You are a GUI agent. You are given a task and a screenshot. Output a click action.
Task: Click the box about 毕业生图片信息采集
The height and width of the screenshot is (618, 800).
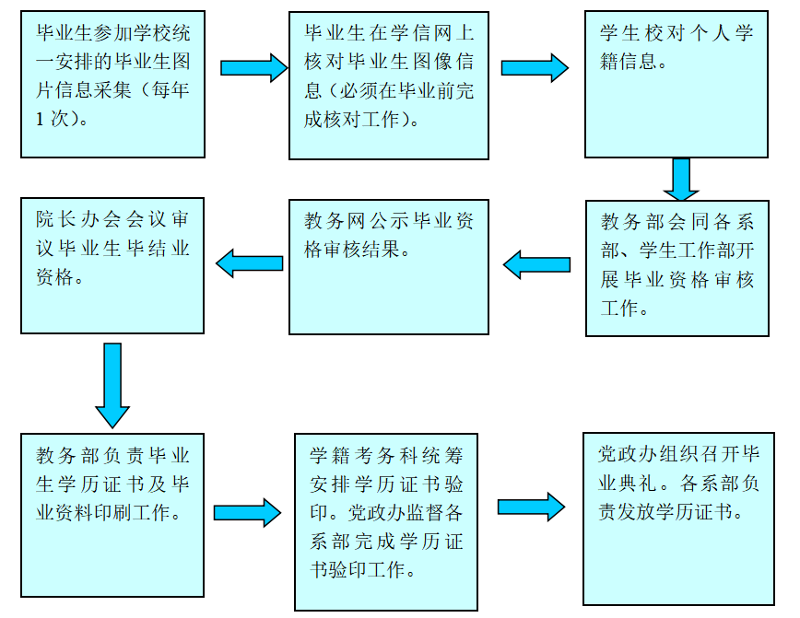(112, 84)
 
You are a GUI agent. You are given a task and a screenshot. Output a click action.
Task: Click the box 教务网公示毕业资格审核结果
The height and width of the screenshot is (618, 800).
(388, 266)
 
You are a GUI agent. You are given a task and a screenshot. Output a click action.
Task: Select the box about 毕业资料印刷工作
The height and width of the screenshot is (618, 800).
(112, 516)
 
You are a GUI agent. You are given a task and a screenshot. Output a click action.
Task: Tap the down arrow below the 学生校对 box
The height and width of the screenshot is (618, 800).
(681, 179)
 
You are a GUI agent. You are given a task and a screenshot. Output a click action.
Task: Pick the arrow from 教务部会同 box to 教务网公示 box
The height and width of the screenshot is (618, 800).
(536, 265)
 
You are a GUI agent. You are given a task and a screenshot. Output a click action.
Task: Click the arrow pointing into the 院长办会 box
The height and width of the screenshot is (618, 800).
(249, 263)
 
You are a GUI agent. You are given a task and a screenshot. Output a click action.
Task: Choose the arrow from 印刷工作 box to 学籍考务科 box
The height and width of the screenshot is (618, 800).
(247, 512)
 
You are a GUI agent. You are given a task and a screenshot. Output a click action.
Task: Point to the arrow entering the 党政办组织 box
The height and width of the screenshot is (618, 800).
(531, 506)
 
